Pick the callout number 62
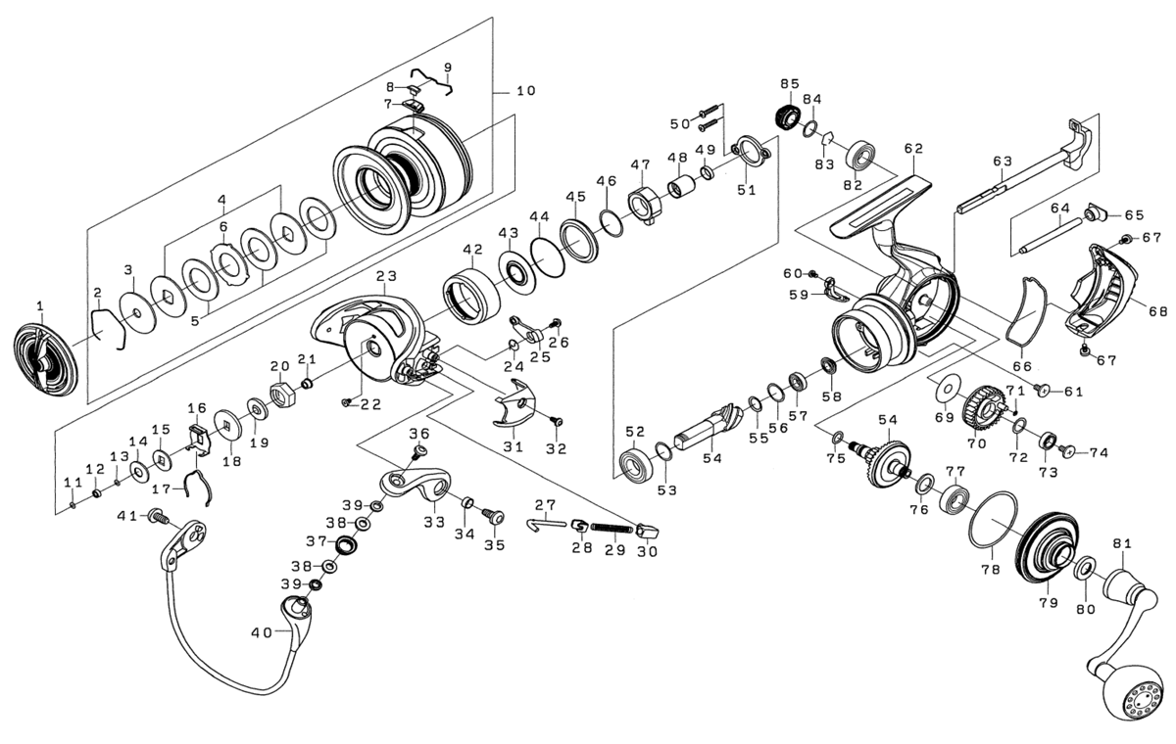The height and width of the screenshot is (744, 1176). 913,149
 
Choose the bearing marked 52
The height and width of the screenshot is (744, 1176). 636,463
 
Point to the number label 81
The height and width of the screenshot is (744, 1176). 1122,543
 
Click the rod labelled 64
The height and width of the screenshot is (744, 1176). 1053,234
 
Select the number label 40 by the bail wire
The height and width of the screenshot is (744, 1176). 261,632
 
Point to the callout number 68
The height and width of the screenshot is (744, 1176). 1158,311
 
